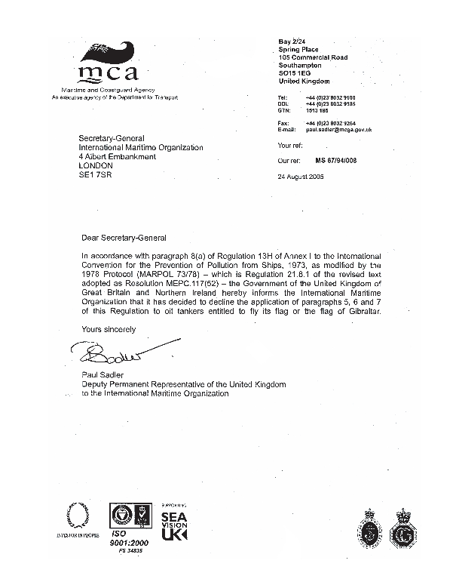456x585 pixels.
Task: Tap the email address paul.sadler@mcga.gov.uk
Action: [x=338, y=130]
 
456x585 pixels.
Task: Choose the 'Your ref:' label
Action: [x=290, y=145]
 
